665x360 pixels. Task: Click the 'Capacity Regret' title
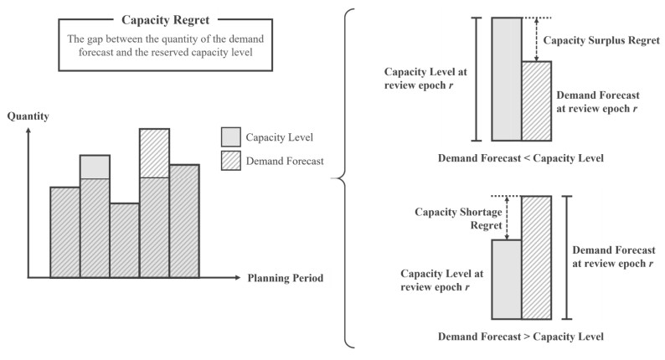[x=165, y=20]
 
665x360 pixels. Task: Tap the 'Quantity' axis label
[x=28, y=116]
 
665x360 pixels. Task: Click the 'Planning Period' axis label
[x=286, y=278]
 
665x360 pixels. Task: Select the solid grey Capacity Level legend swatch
[x=230, y=137]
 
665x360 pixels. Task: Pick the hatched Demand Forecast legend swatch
[x=230, y=161]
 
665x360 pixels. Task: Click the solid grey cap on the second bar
[x=95, y=167]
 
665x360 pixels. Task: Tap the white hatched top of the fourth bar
[x=154, y=153]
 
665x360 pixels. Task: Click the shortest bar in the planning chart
[x=125, y=240]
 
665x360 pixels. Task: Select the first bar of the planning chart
[x=65, y=233]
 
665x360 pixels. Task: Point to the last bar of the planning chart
[x=184, y=221]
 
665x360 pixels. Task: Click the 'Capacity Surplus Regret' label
[x=601, y=40]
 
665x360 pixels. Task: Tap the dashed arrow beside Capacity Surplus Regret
[x=537, y=39]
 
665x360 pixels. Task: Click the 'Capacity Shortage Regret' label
[x=458, y=219]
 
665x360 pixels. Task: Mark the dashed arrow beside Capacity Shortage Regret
[x=507, y=218]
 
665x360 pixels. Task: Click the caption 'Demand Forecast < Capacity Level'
[x=521, y=158]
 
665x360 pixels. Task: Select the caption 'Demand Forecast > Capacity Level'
[x=521, y=337]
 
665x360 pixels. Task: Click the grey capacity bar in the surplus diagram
[x=507, y=80]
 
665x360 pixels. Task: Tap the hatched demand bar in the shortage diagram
[x=537, y=258]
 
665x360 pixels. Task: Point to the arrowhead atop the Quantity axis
[x=28, y=131]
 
